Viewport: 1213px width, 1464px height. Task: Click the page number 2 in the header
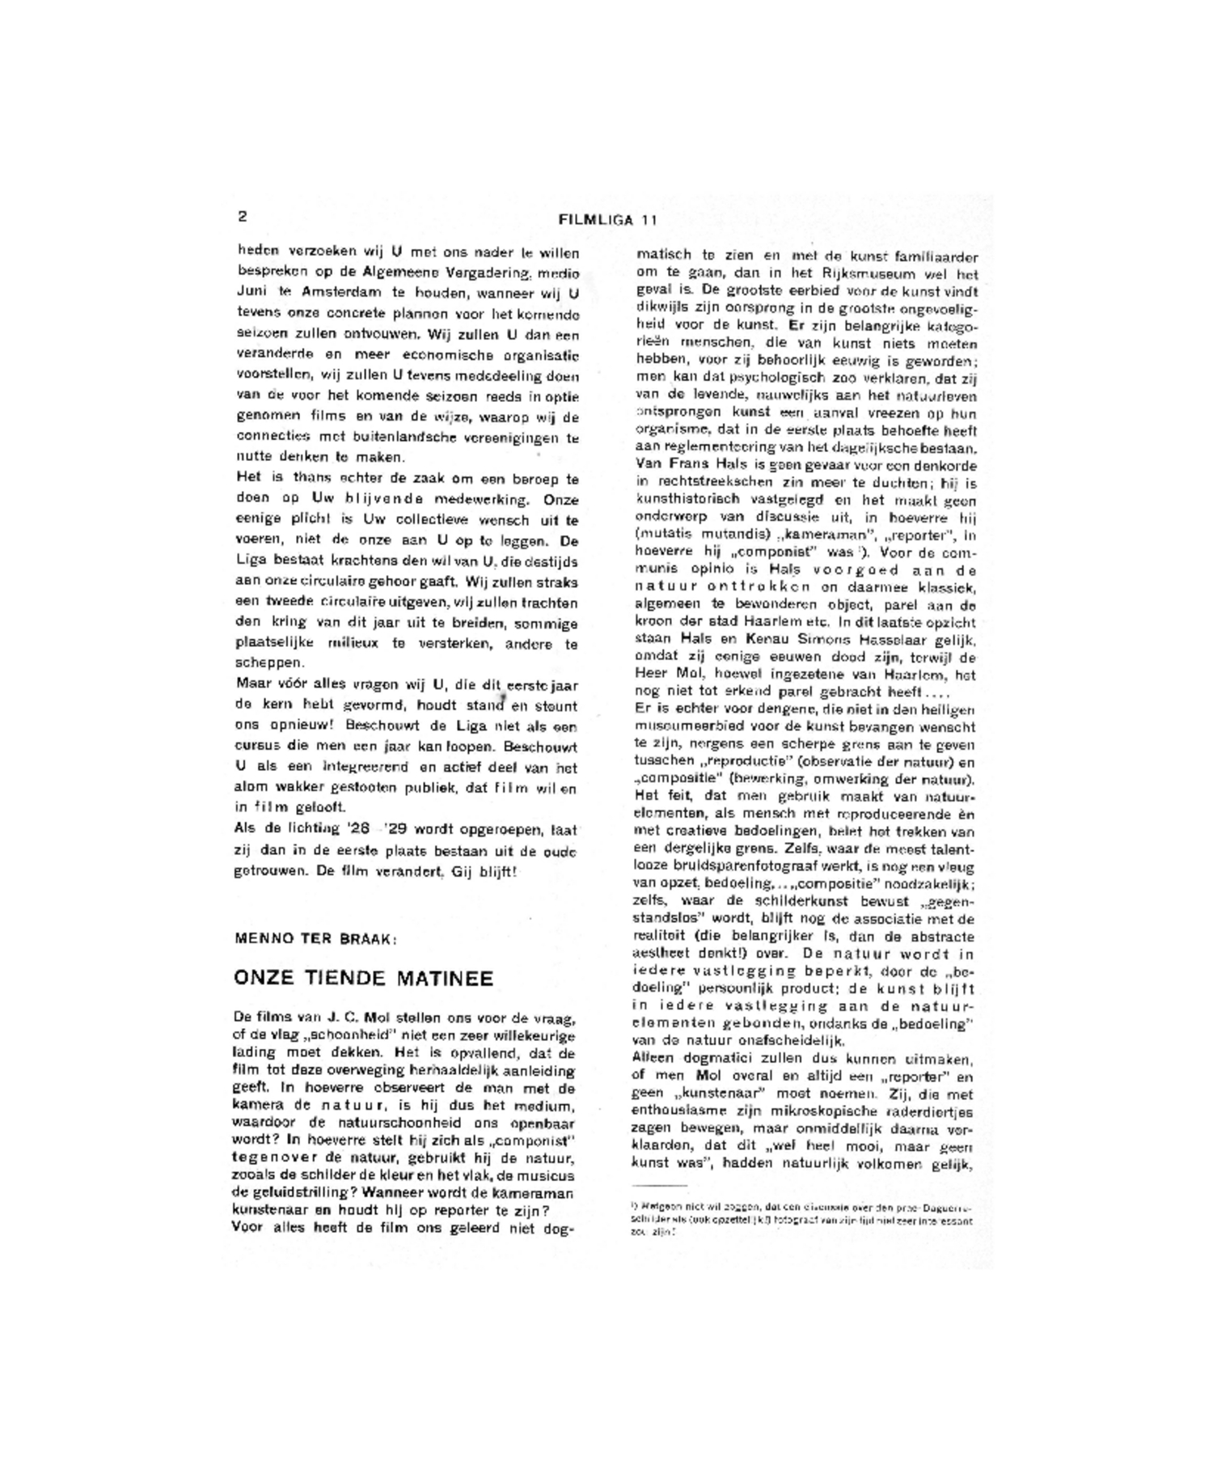tap(242, 216)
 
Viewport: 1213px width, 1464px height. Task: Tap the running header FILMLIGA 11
tap(607, 220)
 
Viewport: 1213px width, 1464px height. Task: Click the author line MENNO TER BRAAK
tap(315, 939)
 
